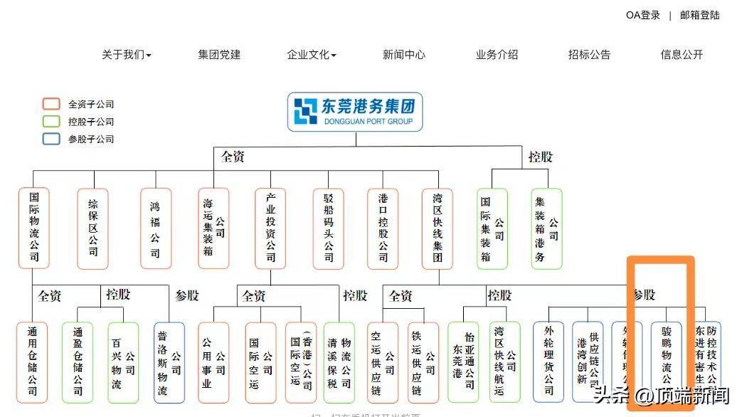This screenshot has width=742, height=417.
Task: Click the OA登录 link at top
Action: [642, 15]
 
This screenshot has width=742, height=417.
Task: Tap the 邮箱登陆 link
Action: [699, 15]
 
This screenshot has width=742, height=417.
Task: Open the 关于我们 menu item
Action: [126, 55]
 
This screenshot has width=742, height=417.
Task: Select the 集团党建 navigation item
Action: [219, 55]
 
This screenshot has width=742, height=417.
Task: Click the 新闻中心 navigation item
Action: [403, 55]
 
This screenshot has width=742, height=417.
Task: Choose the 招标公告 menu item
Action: [589, 55]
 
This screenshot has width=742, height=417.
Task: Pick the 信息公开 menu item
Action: [682, 55]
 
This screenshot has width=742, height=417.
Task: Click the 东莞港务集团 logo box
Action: [355, 112]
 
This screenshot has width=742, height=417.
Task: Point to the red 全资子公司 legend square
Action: [51, 104]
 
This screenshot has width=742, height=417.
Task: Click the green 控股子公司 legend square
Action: [51, 122]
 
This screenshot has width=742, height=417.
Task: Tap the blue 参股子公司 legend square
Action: [51, 139]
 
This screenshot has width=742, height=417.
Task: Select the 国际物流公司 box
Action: [34, 228]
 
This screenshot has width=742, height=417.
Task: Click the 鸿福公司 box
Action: [155, 228]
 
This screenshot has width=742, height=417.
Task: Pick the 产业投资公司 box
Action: [270, 228]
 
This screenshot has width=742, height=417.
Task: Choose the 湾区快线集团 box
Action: [437, 228]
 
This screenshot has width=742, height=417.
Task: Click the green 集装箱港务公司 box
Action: [546, 228]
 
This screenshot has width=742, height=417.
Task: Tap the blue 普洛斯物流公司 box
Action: [169, 362]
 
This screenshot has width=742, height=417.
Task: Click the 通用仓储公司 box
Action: [32, 362]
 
